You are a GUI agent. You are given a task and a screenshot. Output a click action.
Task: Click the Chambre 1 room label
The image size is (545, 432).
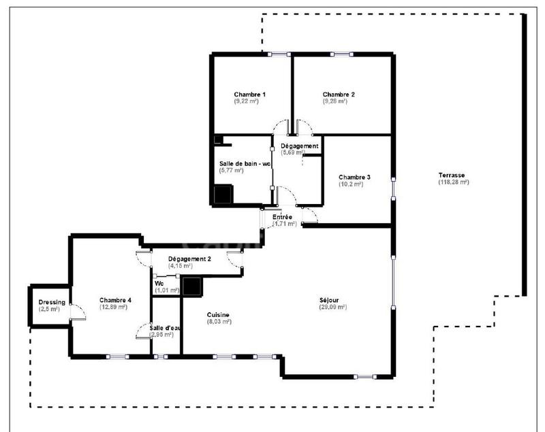click(249, 94)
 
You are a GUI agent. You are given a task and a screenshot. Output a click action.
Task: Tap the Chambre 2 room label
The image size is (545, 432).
click(339, 94)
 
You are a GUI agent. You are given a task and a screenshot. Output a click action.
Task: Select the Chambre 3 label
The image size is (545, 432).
click(355, 177)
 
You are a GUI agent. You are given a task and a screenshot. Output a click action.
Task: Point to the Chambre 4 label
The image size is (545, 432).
click(115, 300)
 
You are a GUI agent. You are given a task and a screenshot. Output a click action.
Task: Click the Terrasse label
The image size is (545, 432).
click(454, 174)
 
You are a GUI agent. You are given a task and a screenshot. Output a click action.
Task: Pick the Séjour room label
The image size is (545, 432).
click(332, 300)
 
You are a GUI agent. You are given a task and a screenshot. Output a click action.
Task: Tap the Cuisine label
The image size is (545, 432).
click(219, 314)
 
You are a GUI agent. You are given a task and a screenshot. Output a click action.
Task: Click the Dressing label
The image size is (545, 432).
click(52, 303)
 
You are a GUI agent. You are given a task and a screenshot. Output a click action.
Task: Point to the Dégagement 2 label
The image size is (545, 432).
click(189, 259)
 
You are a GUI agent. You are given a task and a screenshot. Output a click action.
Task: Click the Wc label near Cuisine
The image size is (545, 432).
click(159, 284)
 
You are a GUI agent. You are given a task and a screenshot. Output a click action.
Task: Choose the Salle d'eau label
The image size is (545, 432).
click(165, 328)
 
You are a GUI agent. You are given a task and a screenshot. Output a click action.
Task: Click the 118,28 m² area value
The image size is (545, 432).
click(454, 182)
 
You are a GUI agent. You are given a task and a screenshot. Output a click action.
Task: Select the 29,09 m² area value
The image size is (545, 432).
click(332, 307)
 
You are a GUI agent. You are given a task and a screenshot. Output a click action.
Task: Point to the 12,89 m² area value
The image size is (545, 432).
click(114, 307)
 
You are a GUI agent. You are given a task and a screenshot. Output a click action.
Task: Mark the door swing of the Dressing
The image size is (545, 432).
click(77, 312)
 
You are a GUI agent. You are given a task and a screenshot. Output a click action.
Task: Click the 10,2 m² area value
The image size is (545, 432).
click(352, 184)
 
